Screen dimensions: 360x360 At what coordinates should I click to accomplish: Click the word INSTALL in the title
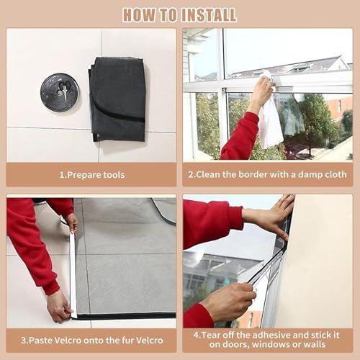click(209, 15)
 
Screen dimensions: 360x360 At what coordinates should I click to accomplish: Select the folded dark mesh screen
click(117, 99)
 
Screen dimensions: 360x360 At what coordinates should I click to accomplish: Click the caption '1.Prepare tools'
click(92, 175)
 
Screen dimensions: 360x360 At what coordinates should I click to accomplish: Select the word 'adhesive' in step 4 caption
click(270, 335)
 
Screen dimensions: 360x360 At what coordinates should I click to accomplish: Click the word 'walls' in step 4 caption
click(314, 345)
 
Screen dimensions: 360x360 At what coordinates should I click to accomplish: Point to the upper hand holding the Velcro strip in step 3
click(71, 222)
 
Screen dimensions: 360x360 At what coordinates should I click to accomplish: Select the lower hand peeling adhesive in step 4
click(228, 301)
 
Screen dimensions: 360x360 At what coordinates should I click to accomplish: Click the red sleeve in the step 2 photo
click(240, 137)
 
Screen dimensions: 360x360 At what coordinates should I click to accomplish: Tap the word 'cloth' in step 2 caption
click(334, 174)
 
